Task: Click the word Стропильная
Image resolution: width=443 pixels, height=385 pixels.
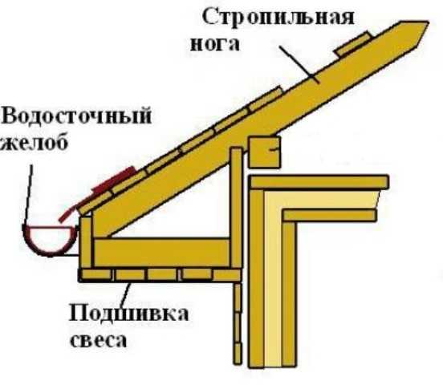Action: (x=278, y=18)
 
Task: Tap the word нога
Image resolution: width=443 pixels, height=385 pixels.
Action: (x=215, y=44)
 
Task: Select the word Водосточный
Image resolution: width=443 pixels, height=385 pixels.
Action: (x=76, y=115)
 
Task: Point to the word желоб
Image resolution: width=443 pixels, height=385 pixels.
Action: (x=35, y=141)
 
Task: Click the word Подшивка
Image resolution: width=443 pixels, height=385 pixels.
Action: (x=129, y=314)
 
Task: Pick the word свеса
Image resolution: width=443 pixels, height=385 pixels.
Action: (x=99, y=340)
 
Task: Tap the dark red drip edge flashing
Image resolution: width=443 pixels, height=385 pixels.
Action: (x=96, y=192)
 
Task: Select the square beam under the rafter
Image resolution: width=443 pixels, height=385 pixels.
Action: (x=265, y=152)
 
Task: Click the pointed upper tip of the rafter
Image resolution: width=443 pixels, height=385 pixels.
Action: (x=429, y=22)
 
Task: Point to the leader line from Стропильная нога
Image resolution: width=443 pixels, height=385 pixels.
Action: (x=299, y=64)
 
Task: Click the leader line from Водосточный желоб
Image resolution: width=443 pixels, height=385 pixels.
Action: (x=27, y=194)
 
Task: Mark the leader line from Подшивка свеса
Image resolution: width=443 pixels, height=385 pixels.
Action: (x=126, y=294)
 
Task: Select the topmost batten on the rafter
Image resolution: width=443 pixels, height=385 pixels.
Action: (x=353, y=43)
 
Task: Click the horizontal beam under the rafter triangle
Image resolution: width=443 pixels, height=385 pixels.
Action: (x=161, y=252)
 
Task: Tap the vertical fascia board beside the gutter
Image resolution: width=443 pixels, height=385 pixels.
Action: (x=86, y=241)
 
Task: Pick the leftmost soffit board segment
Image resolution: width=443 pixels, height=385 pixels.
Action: (x=96, y=274)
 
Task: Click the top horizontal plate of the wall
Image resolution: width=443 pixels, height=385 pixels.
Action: (x=319, y=182)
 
